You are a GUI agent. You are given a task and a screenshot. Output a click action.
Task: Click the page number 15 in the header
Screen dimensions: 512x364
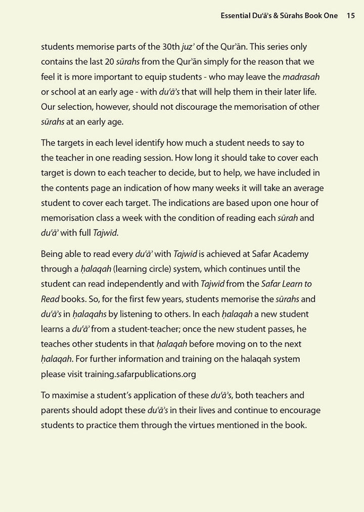[x=351, y=16]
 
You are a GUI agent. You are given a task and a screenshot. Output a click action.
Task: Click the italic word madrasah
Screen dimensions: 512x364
[x=302, y=77]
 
